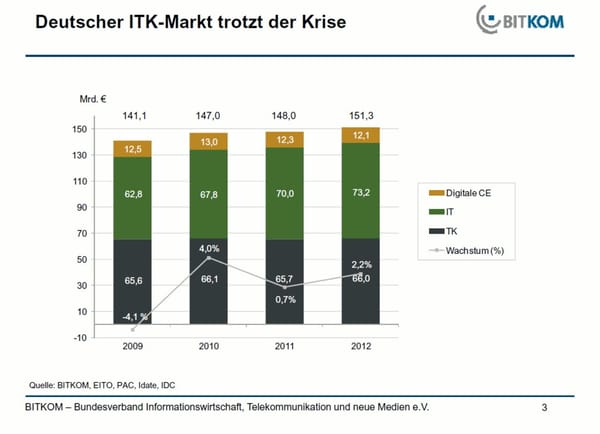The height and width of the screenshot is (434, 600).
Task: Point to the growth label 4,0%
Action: pyautogui.click(x=208, y=248)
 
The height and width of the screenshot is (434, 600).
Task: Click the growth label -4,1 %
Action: pyautogui.click(x=135, y=317)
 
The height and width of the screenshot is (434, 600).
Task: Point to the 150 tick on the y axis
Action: pyautogui.click(x=77, y=130)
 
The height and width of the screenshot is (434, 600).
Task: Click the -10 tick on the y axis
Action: pyautogui.click(x=78, y=337)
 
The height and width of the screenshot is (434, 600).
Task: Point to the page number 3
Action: pyautogui.click(x=544, y=408)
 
